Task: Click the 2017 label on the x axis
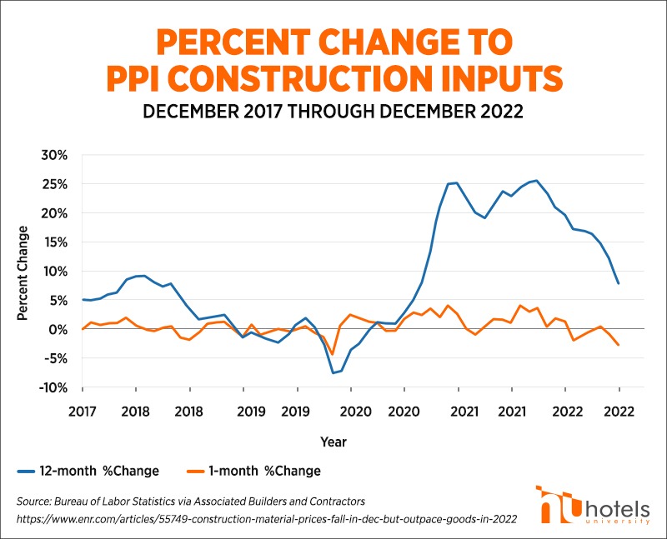pos(83,412)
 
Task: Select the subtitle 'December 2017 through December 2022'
pos(333,112)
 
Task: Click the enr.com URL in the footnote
pos(267,518)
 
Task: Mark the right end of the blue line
pos(619,284)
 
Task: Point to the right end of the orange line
pos(619,346)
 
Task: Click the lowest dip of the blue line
pos(333,372)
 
